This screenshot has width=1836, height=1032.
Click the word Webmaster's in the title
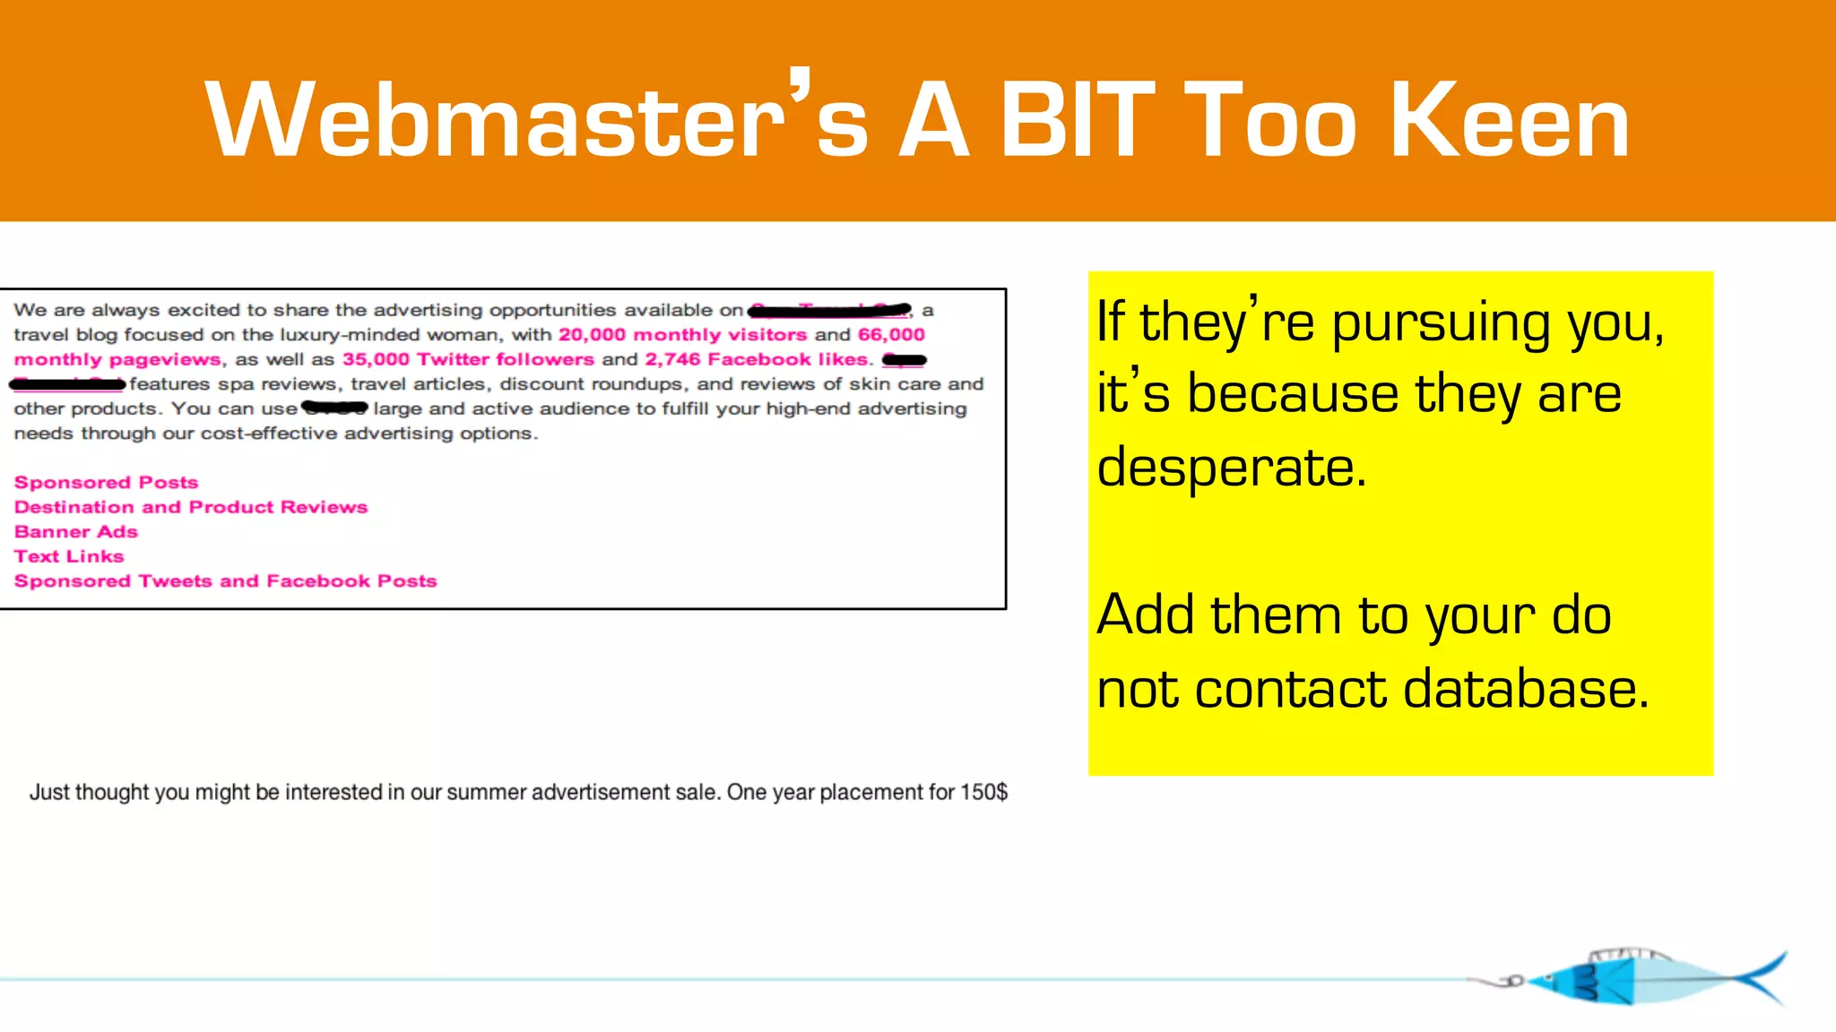coord(536,119)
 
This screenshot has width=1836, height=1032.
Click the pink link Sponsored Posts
coord(106,483)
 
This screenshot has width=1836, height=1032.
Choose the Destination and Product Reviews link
coord(191,507)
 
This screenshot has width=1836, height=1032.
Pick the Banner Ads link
coord(76,532)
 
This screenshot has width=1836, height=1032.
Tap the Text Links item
coord(69,556)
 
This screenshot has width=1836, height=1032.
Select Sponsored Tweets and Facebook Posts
coord(225,581)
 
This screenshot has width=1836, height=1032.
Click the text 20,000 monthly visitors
coord(682,335)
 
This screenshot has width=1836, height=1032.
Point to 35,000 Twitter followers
coord(468,359)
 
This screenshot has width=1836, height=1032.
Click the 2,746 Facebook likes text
coord(757,359)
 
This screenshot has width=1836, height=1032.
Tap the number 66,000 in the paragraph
coord(891,335)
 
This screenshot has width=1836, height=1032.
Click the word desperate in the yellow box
coord(1231,468)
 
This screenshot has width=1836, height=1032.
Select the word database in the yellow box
coord(1526,690)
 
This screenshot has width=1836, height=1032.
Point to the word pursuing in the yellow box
coord(1441,322)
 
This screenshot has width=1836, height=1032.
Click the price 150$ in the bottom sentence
coord(983,793)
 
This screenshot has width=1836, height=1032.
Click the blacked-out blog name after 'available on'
coord(829,311)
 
